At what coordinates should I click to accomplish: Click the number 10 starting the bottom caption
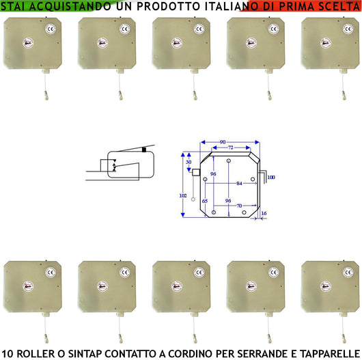pos(8,353)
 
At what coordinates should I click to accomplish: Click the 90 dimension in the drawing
pos(223,142)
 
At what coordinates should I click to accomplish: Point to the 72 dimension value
pos(230,148)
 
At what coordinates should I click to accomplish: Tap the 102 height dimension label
pos(182,195)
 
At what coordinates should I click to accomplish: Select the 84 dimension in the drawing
pos(239,183)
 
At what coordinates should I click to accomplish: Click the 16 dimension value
pos(264,213)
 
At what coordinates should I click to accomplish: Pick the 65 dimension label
pos(205,201)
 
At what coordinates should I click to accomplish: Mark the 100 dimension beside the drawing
pos(271,177)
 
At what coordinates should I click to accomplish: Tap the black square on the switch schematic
pos(144,150)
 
